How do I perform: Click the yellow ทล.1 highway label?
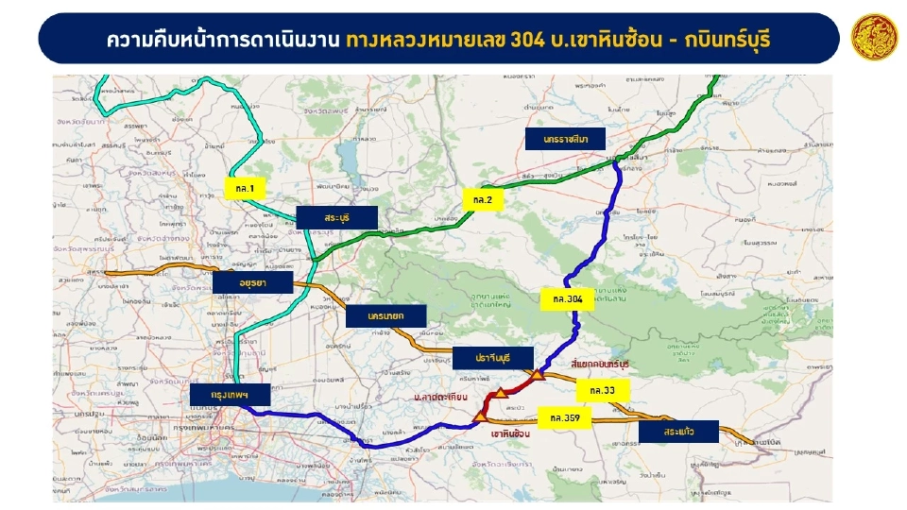coord(245,190)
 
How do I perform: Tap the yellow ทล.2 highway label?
coord(483,200)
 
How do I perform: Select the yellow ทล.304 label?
coord(568,299)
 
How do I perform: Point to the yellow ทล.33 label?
coord(602,389)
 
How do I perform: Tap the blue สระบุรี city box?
coord(336,217)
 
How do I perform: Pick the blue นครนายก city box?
coord(386,317)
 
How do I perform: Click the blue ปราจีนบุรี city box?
coord(493,358)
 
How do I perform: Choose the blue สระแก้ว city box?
coord(678,432)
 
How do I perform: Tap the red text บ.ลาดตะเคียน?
coord(440,398)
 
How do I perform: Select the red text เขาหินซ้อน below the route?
coord(510,434)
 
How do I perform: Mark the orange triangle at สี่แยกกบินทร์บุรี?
coord(537,375)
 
